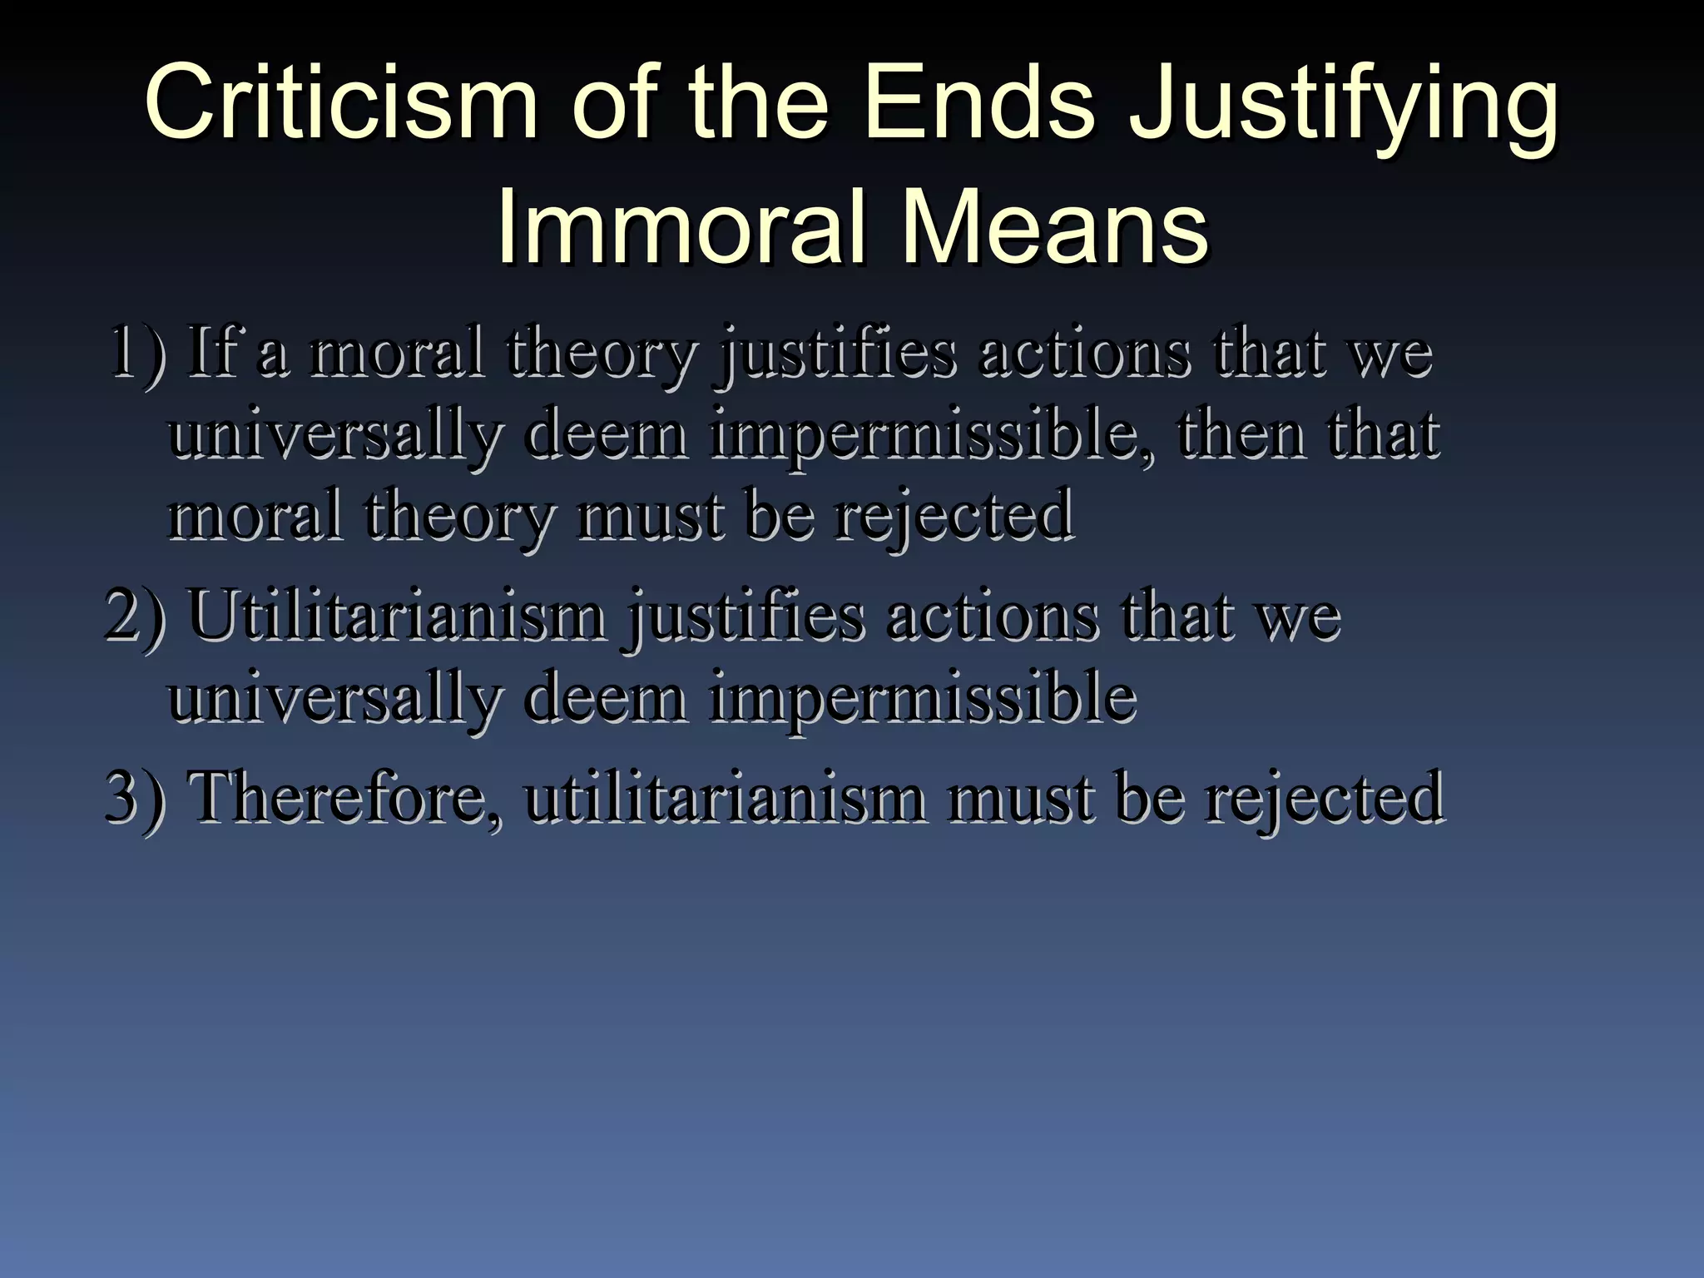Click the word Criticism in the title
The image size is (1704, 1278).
[x=341, y=106]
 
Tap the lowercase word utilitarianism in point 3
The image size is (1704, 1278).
[x=724, y=796]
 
